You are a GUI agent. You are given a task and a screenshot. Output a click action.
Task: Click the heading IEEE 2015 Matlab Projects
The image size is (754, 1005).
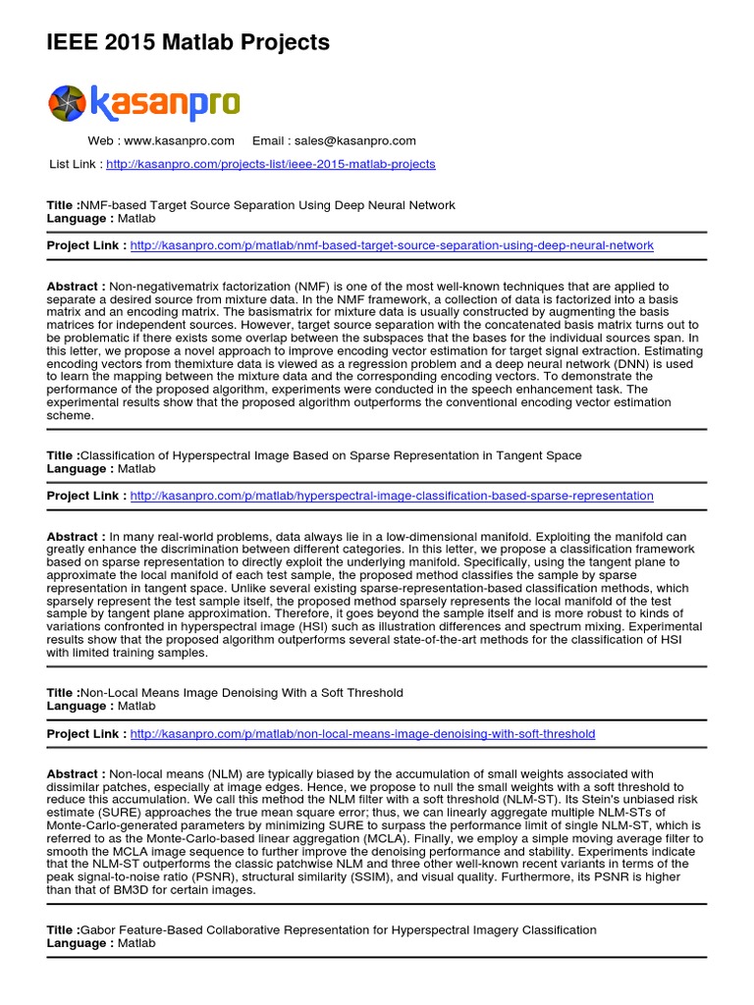[188, 42]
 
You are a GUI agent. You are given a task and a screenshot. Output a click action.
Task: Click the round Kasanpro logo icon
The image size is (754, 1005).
[68, 104]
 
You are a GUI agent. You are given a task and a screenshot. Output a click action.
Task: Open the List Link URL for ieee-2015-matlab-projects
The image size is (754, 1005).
[270, 164]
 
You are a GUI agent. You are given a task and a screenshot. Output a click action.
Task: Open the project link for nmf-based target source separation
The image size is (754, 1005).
[391, 244]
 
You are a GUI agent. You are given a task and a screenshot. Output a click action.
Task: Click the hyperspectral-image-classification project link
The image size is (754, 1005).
[391, 496]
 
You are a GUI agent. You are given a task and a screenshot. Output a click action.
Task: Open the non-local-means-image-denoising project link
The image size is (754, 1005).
[361, 733]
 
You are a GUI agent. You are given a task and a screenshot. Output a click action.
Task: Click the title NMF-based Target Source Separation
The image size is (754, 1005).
[267, 205]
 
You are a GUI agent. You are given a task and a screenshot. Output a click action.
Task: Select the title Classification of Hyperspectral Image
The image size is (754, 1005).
[330, 455]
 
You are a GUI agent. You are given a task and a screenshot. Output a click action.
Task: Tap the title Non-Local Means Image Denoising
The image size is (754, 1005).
[242, 693]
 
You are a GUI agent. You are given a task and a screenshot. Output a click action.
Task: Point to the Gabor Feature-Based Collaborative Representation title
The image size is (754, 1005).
[338, 929]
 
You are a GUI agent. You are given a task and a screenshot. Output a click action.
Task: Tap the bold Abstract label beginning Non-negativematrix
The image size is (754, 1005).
[77, 287]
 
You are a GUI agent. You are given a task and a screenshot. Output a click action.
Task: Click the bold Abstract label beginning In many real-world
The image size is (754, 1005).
[77, 537]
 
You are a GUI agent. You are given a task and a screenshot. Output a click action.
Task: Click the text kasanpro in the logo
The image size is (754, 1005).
[165, 103]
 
